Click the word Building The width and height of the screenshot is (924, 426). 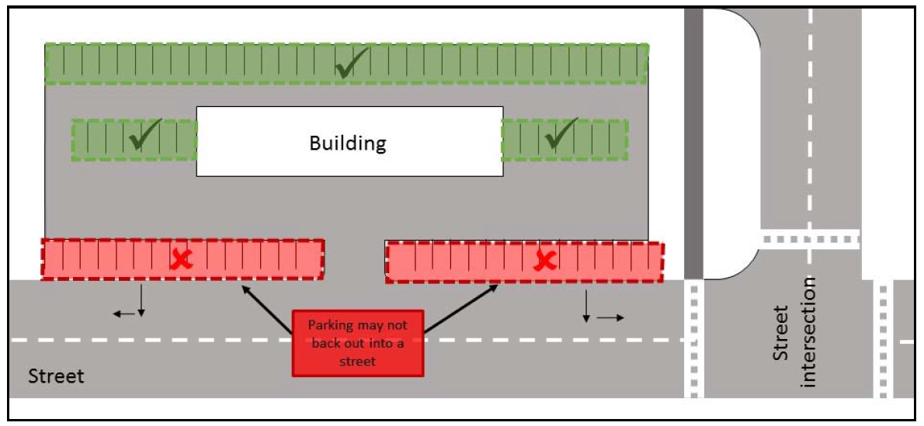347,143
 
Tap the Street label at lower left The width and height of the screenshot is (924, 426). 56,377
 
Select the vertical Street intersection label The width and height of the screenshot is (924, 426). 791,333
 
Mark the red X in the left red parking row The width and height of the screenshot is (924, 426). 182,259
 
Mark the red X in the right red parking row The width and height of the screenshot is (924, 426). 545,261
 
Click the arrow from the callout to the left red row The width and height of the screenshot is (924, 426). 267,311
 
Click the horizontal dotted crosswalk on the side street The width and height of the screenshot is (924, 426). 810,238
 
